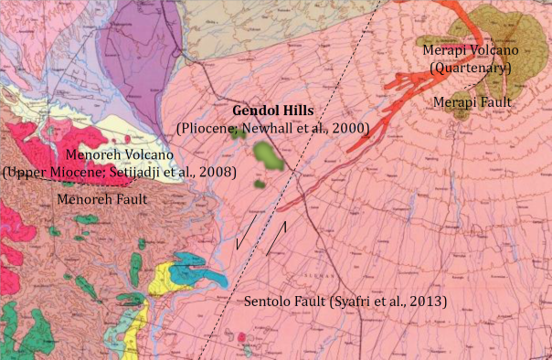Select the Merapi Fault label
click(473, 100)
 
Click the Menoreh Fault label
click(103, 196)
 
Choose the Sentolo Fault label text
click(285, 301)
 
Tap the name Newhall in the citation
click(270, 130)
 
